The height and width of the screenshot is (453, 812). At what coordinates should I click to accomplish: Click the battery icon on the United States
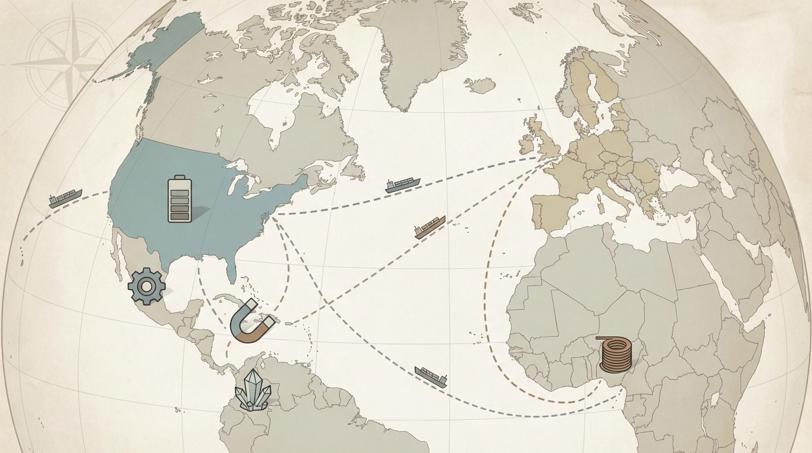180,199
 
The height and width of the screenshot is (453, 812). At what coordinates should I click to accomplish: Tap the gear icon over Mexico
146,286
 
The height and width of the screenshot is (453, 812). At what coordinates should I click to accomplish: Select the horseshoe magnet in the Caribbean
252,321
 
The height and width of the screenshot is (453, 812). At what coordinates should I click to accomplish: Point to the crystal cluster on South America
253,390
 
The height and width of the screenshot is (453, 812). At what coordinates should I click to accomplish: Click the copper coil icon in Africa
615,354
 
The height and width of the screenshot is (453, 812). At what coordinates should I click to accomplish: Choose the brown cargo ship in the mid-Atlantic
430,227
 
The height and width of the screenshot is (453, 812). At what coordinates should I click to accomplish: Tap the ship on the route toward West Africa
431,376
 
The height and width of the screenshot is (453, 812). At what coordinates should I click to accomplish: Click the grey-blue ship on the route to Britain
402,185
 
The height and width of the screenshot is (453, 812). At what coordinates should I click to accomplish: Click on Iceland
480,86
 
